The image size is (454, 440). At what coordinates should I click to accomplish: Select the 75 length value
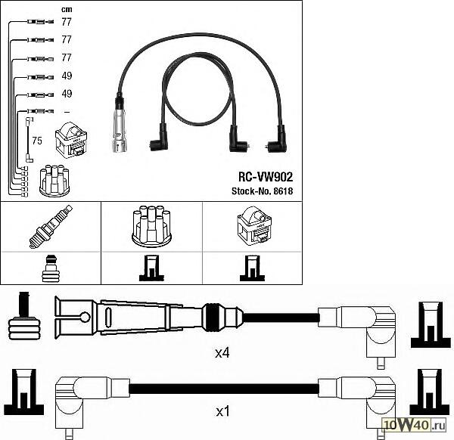pyautogui.click(x=36, y=140)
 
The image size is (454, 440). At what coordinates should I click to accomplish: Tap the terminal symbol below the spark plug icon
pyautogui.click(x=51, y=268)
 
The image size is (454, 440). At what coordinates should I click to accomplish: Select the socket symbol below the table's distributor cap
pyautogui.click(x=151, y=268)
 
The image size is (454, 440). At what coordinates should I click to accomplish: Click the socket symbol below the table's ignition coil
pyautogui.click(x=253, y=268)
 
